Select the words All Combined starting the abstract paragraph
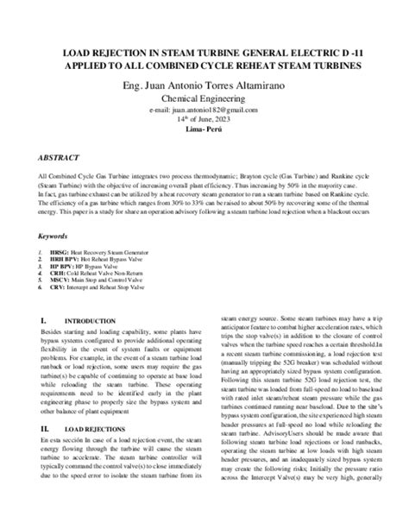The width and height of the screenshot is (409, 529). pos(60,174)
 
